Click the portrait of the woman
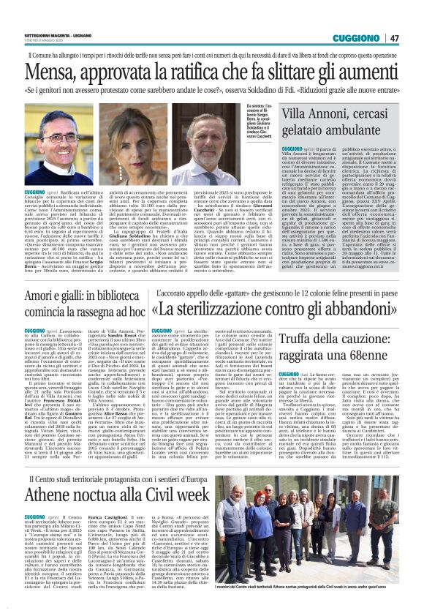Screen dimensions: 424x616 (x=161, y=136)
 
